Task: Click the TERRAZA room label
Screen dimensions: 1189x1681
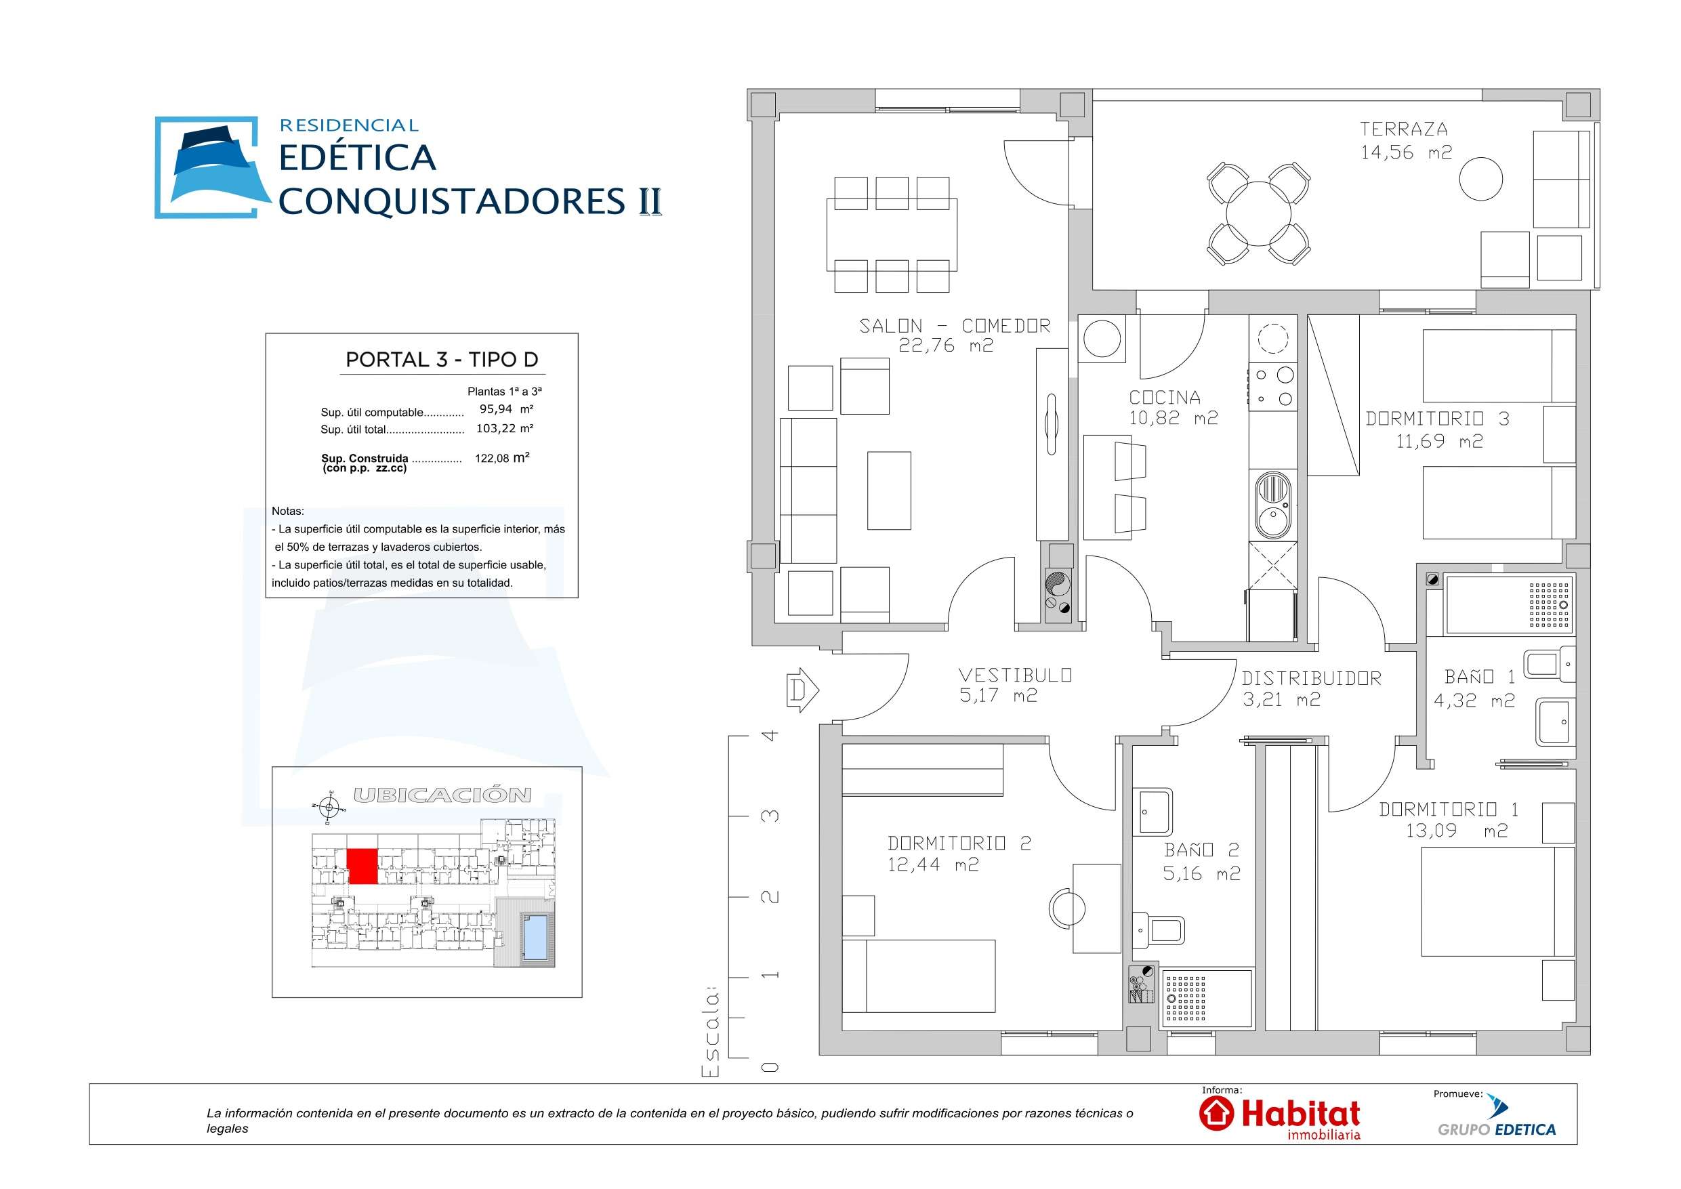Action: click(1403, 129)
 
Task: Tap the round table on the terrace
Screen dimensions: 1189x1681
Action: click(1258, 215)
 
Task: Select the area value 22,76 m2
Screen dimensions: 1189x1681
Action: click(945, 346)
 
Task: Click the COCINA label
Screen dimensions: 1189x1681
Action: click(1164, 398)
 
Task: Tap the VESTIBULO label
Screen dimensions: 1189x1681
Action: click(1015, 675)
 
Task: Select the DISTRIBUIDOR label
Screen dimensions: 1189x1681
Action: click(1311, 679)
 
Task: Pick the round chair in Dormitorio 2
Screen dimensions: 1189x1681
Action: click(1069, 909)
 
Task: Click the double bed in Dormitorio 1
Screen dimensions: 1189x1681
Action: click(1497, 901)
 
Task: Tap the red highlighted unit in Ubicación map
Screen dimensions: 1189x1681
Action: click(362, 866)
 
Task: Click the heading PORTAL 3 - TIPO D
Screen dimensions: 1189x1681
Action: click(442, 360)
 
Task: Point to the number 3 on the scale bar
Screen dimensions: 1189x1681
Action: click(770, 816)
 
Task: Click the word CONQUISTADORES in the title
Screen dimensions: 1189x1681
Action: click(452, 201)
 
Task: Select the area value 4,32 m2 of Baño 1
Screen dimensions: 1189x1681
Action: click(1474, 701)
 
